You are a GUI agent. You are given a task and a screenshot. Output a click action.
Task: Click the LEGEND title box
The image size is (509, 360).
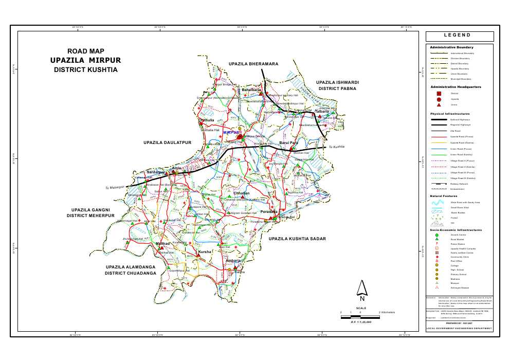[459, 36]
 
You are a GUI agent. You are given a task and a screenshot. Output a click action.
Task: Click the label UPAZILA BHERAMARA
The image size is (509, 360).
[253, 63]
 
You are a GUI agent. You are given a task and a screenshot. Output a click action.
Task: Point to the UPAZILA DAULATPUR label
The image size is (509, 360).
[164, 141]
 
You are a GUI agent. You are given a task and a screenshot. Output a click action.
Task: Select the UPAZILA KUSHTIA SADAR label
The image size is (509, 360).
[298, 239]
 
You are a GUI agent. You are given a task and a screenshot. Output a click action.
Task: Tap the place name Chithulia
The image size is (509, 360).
[207, 120]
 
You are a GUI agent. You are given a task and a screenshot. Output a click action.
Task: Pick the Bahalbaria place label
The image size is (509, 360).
[252, 90]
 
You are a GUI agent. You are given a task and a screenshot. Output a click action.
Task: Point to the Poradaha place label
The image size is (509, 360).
[269, 211]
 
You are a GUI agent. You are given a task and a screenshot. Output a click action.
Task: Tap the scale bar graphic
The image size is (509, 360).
[360, 317]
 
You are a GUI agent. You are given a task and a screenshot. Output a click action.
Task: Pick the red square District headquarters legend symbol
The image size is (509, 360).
[439, 93]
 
